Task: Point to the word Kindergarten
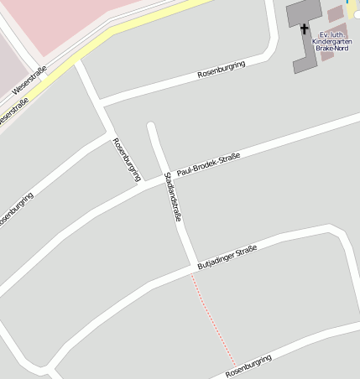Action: pyautogui.click(x=330, y=40)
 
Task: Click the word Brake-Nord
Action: pyautogui.click(x=331, y=49)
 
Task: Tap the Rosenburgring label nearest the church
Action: pyautogui.click(x=221, y=70)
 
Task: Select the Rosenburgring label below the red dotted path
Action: pyautogui.click(x=249, y=366)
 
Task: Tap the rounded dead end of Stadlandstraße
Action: pyautogui.click(x=151, y=127)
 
